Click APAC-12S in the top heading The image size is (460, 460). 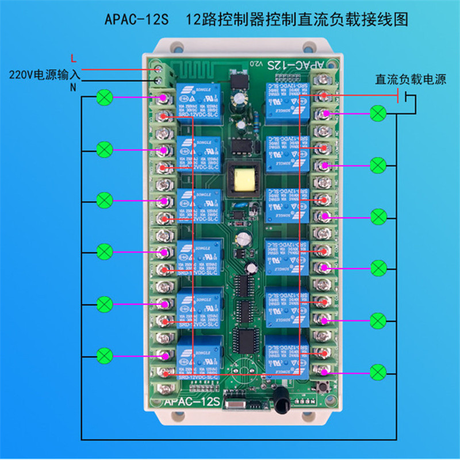pos(136,20)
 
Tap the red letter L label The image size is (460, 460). pos(72,57)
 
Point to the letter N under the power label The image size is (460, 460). pos(73,87)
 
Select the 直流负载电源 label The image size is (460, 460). pos(411,79)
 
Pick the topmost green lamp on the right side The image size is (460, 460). pos(378,113)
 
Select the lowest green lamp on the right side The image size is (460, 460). pos(378,371)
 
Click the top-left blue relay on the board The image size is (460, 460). pos(198,98)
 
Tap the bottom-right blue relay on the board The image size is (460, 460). pos(286,355)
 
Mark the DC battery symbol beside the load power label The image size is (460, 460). pos(408,99)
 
